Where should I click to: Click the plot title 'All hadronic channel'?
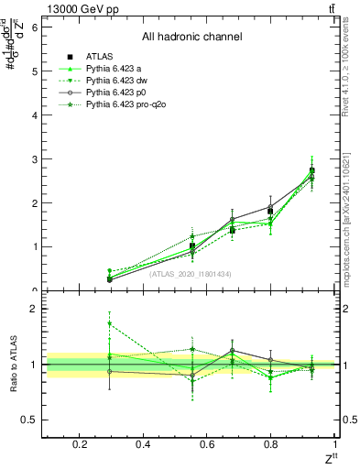(x=191, y=37)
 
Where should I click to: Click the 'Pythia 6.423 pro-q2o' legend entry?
(x=128, y=106)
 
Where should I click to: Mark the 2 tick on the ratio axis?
(x=34, y=309)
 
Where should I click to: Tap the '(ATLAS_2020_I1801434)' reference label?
(x=191, y=273)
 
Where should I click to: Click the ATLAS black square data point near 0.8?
(x=270, y=211)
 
